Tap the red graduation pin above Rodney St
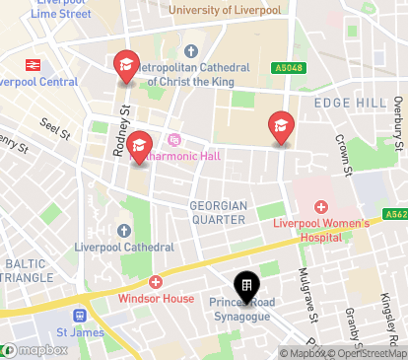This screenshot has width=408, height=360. coord(126,66)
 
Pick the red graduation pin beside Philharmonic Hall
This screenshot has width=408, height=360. coord(139,147)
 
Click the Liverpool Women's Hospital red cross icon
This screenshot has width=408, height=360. coord(320,207)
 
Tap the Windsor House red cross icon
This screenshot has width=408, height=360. coord(157,281)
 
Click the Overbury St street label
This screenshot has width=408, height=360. coord(396,114)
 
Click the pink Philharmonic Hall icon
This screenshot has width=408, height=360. coord(175,139)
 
